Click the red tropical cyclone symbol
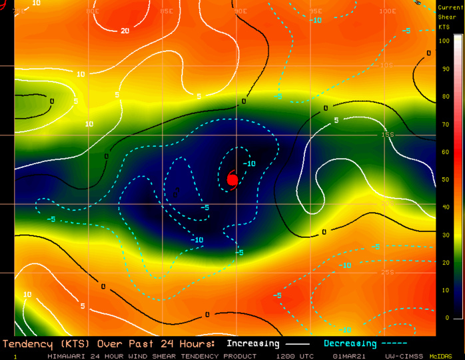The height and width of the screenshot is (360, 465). point(232,179)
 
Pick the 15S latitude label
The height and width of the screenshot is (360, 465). point(388,135)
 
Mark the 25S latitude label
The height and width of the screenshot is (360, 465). point(388,272)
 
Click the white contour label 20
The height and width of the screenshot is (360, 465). point(125,31)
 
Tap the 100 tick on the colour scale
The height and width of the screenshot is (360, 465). point(446,41)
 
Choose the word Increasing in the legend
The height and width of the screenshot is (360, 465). point(252,343)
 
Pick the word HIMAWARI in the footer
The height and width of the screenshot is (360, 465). point(67,356)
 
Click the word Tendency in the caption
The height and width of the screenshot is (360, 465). point(27,343)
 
